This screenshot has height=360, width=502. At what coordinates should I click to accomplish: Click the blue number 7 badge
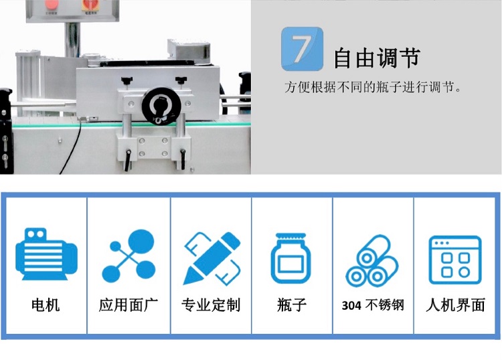pyautogui.click(x=302, y=49)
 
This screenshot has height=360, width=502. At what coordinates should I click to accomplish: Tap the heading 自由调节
pyautogui.click(x=377, y=58)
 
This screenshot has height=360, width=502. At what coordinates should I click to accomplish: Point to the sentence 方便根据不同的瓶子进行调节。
pyautogui.click(x=373, y=87)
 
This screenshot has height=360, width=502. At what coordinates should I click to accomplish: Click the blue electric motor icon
pyautogui.click(x=46, y=254)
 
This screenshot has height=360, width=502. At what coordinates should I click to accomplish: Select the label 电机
pyautogui.click(x=46, y=305)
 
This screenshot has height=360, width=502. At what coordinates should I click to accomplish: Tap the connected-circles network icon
pyautogui.click(x=129, y=256)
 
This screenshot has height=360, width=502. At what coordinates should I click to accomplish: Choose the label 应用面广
pyautogui.click(x=128, y=305)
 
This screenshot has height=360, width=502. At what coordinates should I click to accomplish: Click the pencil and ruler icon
pyautogui.click(x=212, y=258)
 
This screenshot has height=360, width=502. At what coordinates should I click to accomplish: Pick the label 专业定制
pyautogui.click(x=211, y=305)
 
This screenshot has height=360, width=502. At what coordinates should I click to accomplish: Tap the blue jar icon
pyautogui.click(x=291, y=258)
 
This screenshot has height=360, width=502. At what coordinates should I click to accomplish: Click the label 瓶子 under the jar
pyautogui.click(x=292, y=305)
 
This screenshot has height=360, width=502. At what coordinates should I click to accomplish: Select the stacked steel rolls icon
pyautogui.click(x=372, y=261)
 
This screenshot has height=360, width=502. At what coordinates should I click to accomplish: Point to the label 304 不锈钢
pyautogui.click(x=373, y=305)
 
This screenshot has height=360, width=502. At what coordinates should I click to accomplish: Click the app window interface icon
pyautogui.click(x=455, y=260)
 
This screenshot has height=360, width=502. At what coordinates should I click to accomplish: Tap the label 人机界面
pyautogui.click(x=455, y=305)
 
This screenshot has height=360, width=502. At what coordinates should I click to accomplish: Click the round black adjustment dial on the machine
pyautogui.click(x=161, y=106)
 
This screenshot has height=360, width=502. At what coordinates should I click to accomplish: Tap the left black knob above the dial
pyautogui.click(x=127, y=81)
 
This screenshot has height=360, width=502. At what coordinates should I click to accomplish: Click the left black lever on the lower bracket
pyautogui.click(x=128, y=160)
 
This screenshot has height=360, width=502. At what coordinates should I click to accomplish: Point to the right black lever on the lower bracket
pyautogui.click(x=183, y=159)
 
